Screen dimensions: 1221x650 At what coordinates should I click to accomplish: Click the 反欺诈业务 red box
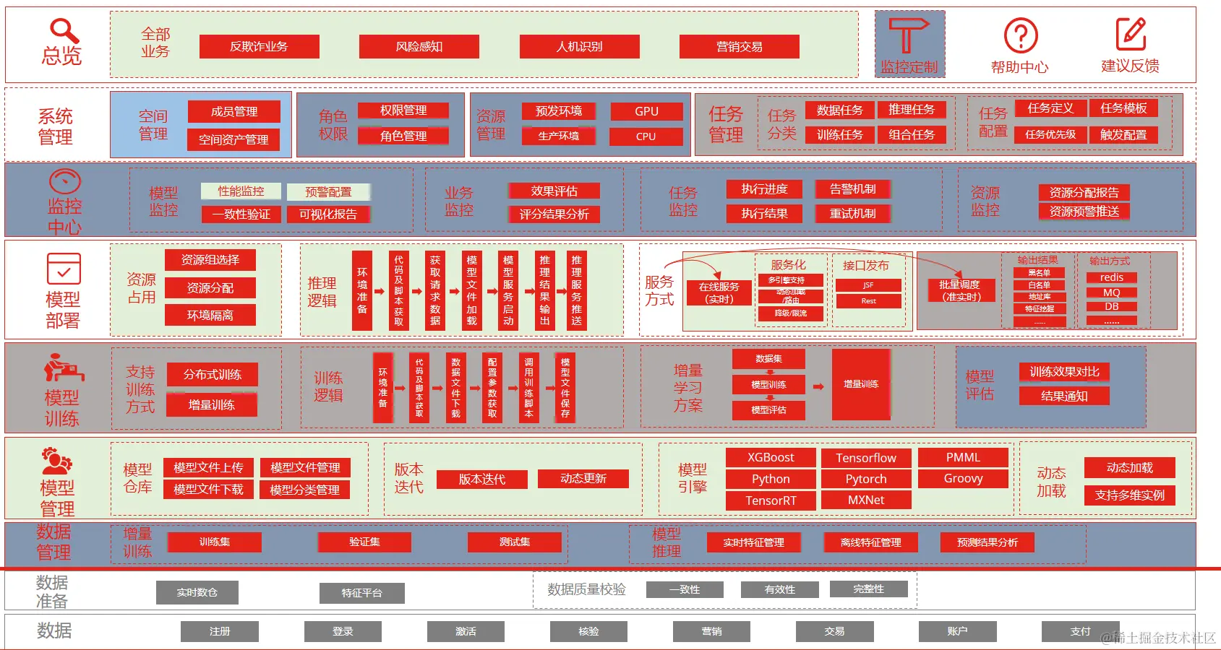coord(259,47)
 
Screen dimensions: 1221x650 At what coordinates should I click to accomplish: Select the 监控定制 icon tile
coord(909,44)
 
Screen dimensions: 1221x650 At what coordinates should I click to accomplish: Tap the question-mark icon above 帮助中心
coord(1020,35)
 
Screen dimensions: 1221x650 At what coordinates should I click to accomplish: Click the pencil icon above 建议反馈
coord(1131,34)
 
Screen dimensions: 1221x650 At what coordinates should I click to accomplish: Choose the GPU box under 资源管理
coord(646,111)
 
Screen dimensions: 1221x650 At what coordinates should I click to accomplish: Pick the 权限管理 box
coord(403,110)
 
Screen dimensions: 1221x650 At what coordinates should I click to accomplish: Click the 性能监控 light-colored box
coord(241,191)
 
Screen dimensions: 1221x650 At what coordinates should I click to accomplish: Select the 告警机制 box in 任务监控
coord(852,189)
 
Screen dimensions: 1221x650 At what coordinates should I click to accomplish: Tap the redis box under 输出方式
coord(1111,277)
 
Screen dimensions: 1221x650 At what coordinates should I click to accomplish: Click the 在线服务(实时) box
coord(719,292)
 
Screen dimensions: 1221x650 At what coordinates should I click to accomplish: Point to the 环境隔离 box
coord(210,316)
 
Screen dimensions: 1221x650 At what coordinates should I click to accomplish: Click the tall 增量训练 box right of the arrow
coord(860,384)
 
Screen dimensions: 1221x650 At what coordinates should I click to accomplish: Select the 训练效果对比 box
coord(1064,372)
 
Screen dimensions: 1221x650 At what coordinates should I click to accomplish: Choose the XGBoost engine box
coord(771,458)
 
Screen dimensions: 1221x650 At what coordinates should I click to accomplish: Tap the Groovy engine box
coord(963,479)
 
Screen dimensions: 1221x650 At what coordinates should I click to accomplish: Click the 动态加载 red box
coord(1129,468)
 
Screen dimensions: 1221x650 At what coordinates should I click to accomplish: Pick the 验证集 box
coord(364,542)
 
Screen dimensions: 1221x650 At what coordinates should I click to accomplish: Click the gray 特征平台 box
coord(361,593)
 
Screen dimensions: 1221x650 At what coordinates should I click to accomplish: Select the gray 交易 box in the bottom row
coord(834,631)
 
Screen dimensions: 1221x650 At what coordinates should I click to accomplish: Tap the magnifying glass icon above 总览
coord(64,30)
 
